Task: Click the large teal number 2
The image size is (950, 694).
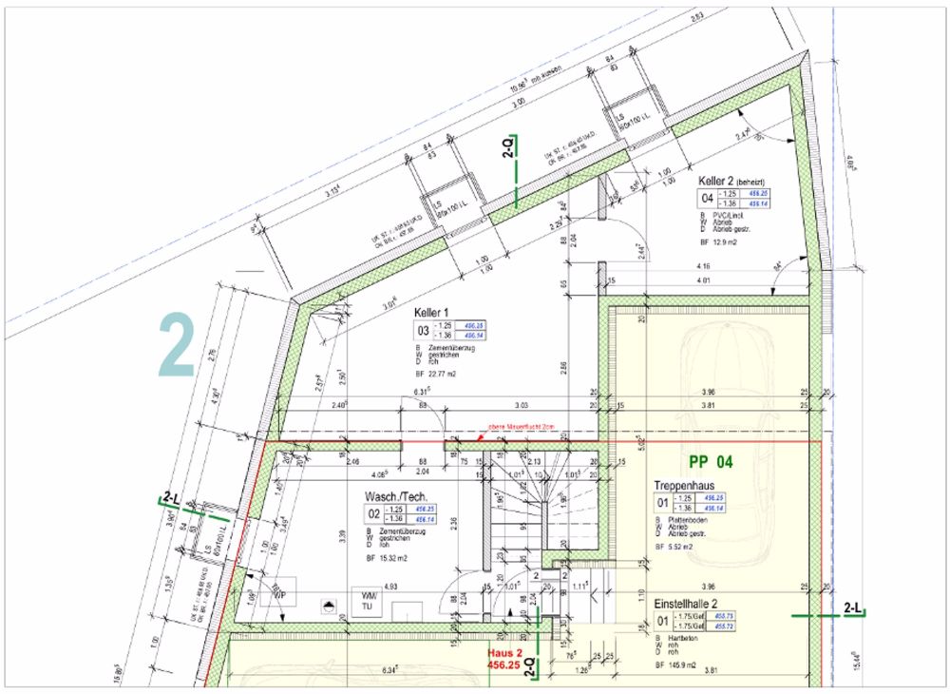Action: pos(176,343)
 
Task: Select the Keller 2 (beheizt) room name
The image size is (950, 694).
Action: pos(731,181)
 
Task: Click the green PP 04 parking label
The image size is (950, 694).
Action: pos(712,462)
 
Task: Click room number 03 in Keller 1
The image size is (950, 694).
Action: pos(422,330)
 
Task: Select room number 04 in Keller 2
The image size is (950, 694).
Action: pos(706,199)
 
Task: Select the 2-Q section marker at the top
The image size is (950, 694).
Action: pos(510,146)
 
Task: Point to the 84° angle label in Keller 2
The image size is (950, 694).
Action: pos(779,265)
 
